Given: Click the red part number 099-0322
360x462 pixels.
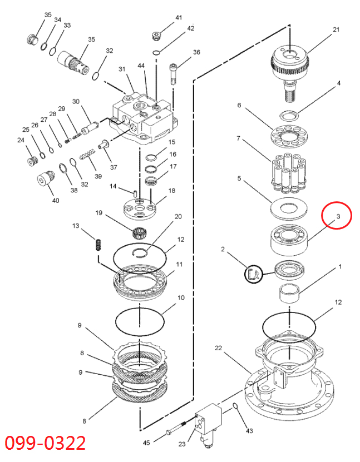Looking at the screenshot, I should (x=46, y=444).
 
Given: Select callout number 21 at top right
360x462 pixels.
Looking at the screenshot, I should (x=336, y=29).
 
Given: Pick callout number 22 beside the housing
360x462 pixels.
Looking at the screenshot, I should (x=219, y=349).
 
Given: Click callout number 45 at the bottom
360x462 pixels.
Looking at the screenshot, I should (x=146, y=443).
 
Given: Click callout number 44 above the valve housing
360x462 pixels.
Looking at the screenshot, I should (x=141, y=66).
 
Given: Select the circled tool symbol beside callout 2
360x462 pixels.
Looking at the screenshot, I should (x=253, y=273).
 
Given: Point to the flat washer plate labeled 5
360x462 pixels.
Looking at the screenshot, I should (x=288, y=210).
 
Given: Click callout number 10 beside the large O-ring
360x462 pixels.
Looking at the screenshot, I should (x=181, y=298).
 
